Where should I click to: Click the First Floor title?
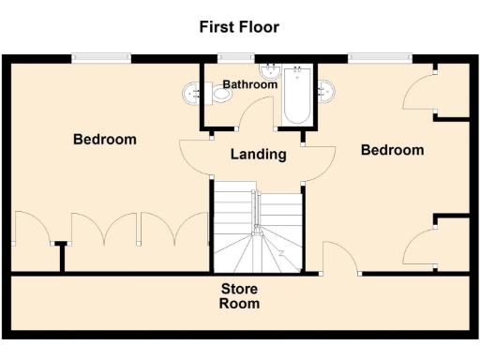pyautogui.click(x=239, y=26)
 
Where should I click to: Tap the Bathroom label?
pyautogui.click(x=249, y=84)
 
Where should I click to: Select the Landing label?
pyautogui.click(x=258, y=155)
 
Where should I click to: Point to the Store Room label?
pyautogui.click(x=239, y=296)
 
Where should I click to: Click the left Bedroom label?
pyautogui.click(x=105, y=140)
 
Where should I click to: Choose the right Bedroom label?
pyautogui.click(x=392, y=150)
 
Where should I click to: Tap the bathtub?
pyautogui.click(x=297, y=97)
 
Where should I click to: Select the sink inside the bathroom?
pyautogui.click(x=271, y=70)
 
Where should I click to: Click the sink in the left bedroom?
pyautogui.click(x=191, y=91)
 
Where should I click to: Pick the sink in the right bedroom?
pyautogui.click(x=327, y=91)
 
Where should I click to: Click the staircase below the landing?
pyautogui.click(x=257, y=230)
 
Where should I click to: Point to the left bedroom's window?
pyautogui.click(x=102, y=58)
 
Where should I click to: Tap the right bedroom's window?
pyautogui.click(x=380, y=58)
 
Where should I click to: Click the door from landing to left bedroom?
pyautogui.click(x=194, y=155)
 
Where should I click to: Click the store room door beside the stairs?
pyautogui.click(x=337, y=257)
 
